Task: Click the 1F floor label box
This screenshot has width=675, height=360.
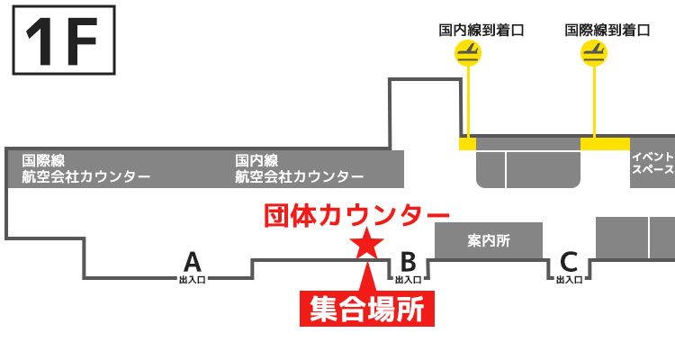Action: click(x=63, y=40)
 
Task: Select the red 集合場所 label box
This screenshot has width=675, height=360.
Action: click(x=365, y=308)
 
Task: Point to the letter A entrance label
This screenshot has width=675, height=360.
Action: click(x=192, y=262)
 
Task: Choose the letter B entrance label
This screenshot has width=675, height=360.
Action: click(x=408, y=262)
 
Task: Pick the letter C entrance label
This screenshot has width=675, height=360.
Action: click(x=568, y=262)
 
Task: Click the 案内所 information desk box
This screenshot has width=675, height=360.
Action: click(x=489, y=241)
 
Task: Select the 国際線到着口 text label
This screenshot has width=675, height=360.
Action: click(x=607, y=30)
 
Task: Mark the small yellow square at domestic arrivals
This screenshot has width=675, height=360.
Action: click(x=467, y=144)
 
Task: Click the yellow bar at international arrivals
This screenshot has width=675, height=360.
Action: click(x=605, y=144)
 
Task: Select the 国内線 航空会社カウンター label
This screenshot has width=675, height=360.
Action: click(x=299, y=168)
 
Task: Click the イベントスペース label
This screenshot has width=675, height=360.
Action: click(x=653, y=162)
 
